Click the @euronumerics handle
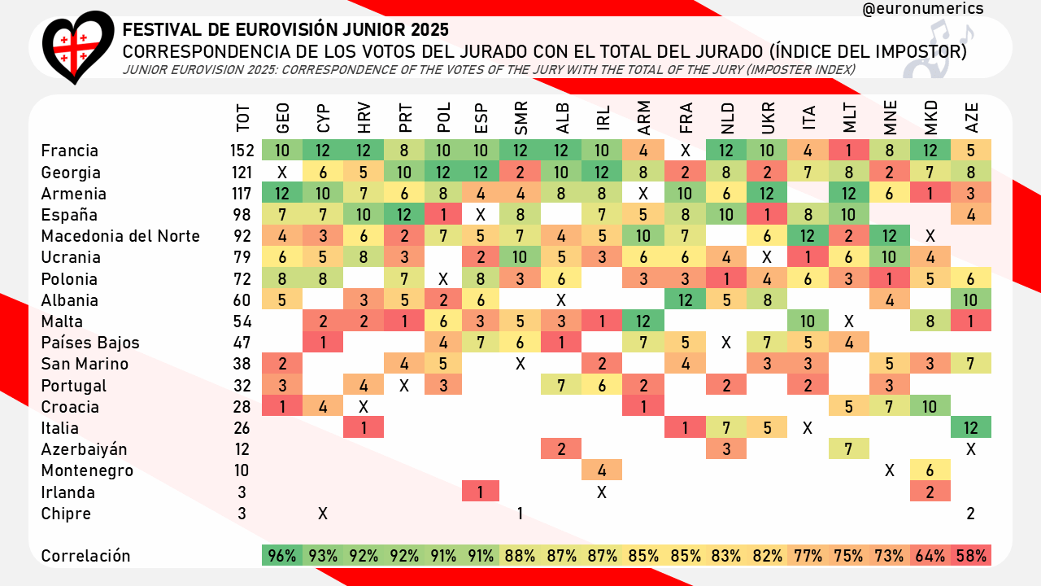[922, 8]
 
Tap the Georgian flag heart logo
[78, 46]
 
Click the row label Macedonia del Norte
[120, 237]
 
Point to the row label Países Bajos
[90, 343]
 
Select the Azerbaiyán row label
[84, 449]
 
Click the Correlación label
[85, 557]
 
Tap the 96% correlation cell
[282, 557]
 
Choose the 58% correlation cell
[971, 557]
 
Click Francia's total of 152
[242, 151]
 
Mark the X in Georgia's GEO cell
[282, 173]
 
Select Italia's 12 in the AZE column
[971, 428]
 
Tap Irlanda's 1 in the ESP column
[481, 492]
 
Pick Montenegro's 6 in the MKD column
[930, 471]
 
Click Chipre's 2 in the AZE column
[971, 514]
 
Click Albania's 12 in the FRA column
[686, 300]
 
